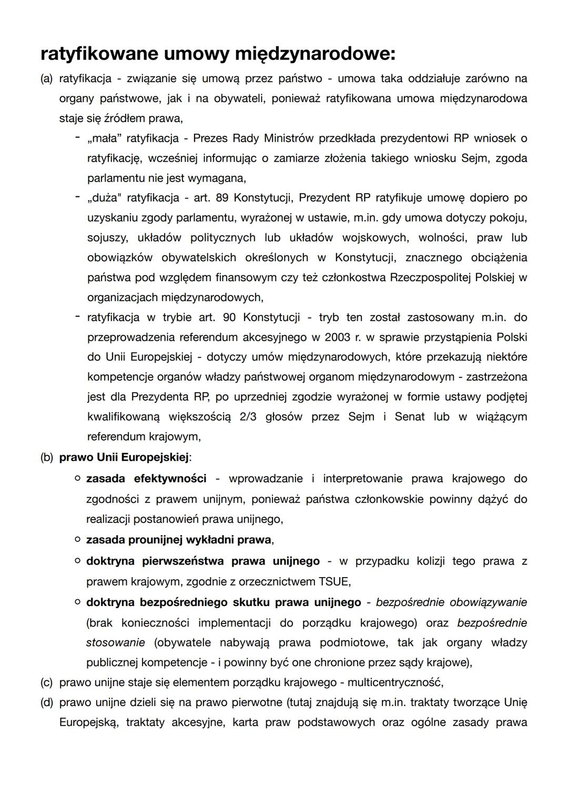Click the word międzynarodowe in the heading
pos(314,54)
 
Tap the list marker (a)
pos(46,79)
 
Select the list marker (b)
pos(46,458)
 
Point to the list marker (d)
pos(46,702)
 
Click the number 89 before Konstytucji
pos(222,198)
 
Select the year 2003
pos(337,337)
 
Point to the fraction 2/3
pos(248,416)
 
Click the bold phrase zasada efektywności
pos(146,479)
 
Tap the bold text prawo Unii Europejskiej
pos(124,458)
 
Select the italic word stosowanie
pos(115,643)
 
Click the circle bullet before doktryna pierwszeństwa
pos(77,561)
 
